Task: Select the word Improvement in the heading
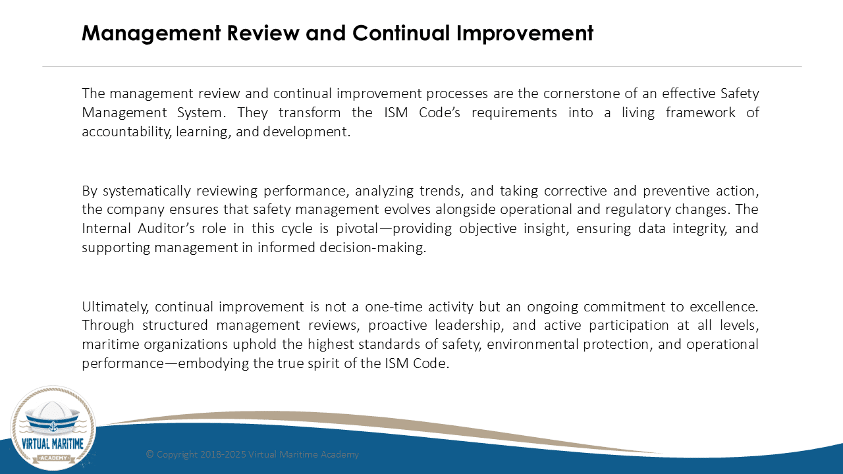click(x=525, y=33)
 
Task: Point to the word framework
click(x=700, y=113)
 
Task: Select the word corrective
click(x=576, y=191)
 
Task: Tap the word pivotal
click(x=357, y=229)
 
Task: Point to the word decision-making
click(x=373, y=248)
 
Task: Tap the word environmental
click(x=532, y=344)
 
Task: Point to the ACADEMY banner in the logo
click(x=53, y=458)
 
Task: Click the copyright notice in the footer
click(x=252, y=454)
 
